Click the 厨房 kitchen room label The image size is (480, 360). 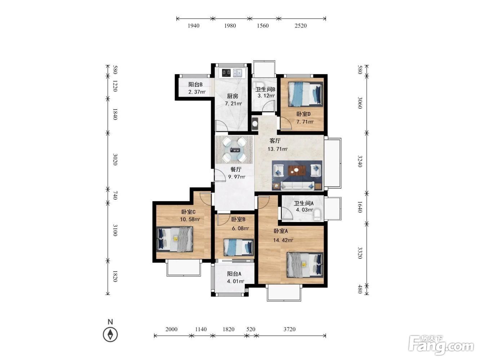click(232, 96)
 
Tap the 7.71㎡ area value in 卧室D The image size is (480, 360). click(305, 122)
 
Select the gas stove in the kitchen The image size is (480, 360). click(226, 73)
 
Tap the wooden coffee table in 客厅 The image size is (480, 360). click(297, 170)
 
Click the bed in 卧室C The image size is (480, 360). click(175, 239)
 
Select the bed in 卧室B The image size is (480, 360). click(239, 247)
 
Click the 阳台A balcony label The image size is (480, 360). click(234, 274)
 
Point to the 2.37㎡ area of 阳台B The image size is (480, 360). click(197, 92)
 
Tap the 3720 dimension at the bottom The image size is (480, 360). click(289, 329)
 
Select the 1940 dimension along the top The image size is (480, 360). click(194, 26)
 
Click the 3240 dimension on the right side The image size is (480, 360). click(360, 161)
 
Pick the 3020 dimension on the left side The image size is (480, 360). click(115, 159)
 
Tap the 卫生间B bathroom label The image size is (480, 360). click(265, 89)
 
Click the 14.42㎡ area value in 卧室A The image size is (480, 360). click(283, 240)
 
